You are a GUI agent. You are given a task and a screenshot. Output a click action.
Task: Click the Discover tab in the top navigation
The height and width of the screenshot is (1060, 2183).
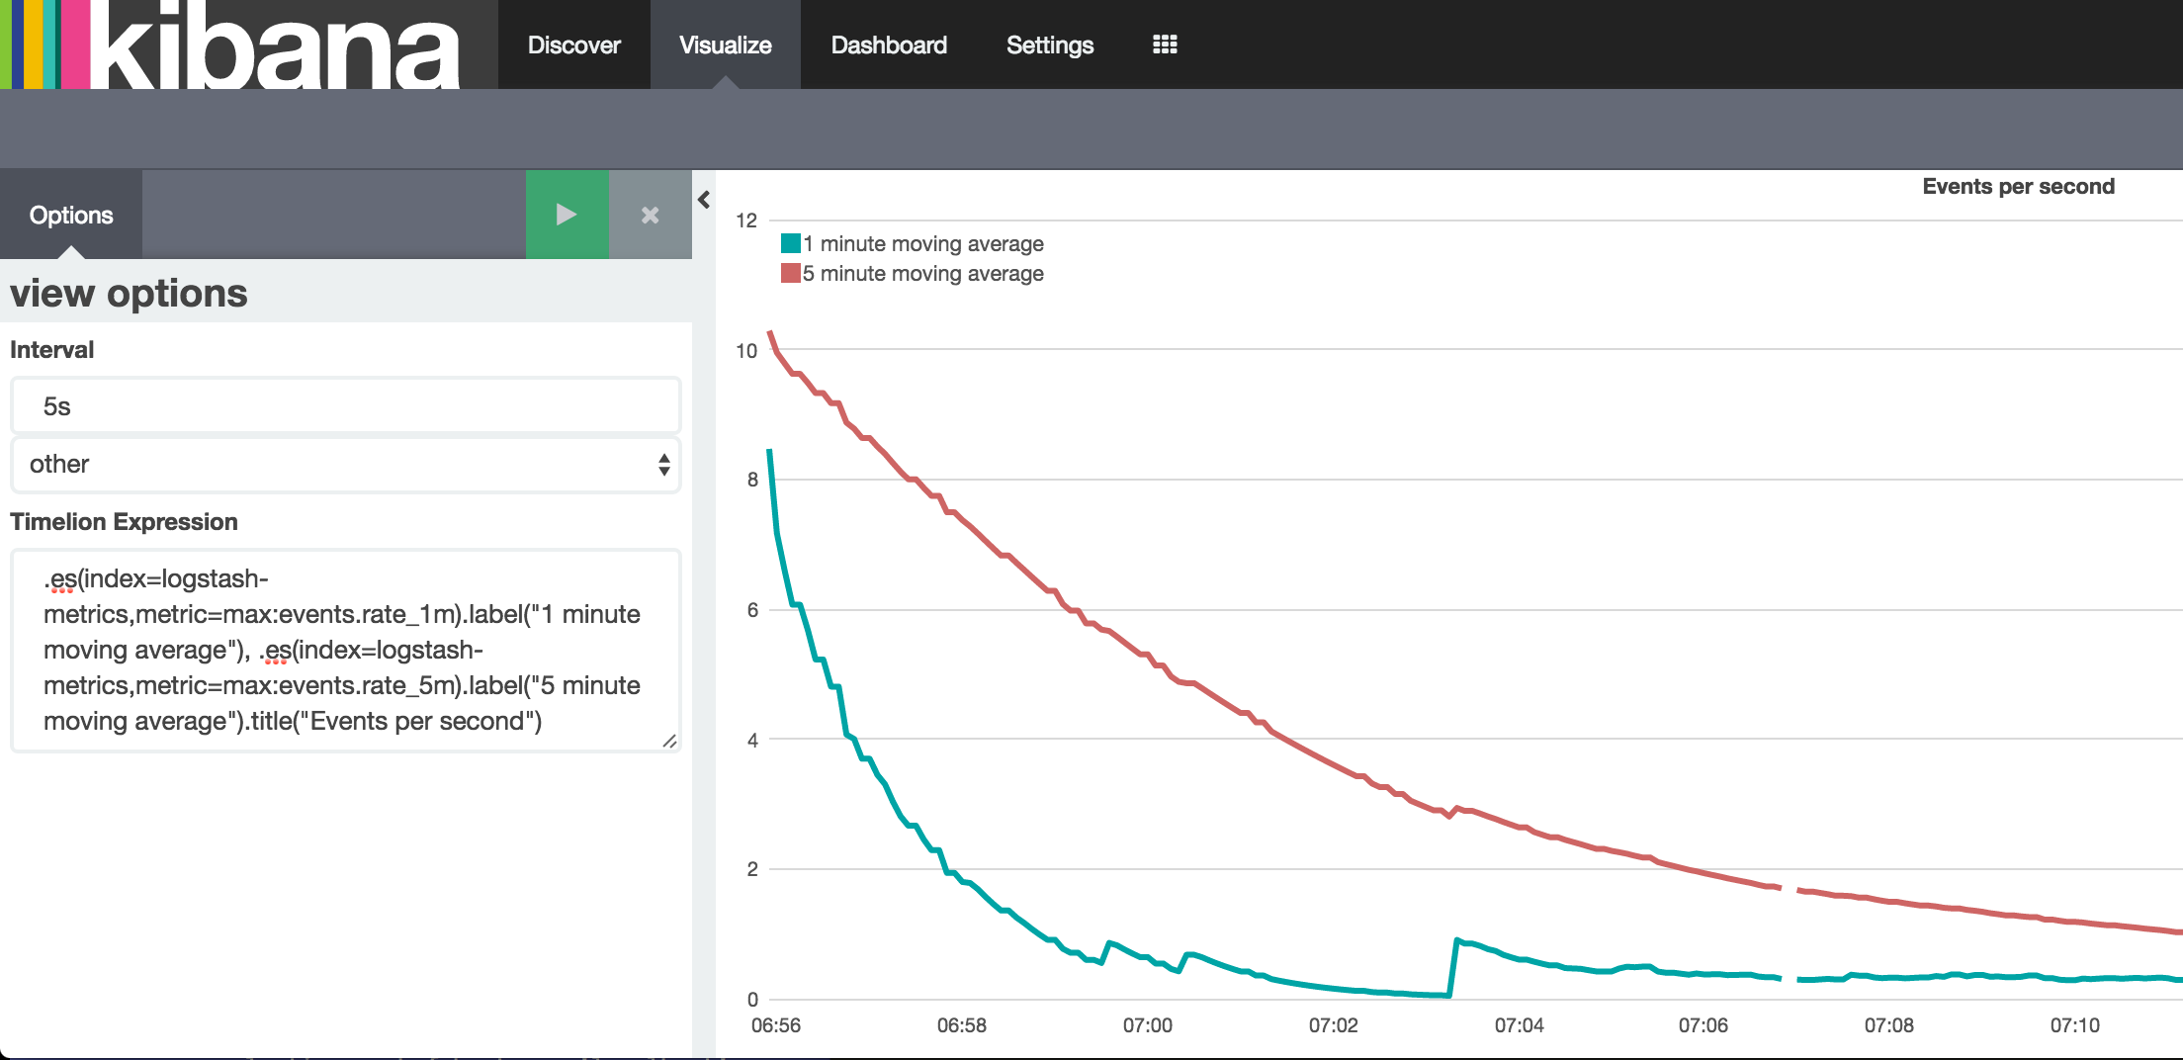[573, 45]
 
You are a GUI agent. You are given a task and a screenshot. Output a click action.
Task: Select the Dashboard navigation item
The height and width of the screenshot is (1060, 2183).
[888, 45]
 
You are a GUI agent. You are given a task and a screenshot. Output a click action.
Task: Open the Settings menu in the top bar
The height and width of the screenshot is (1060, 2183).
[1049, 45]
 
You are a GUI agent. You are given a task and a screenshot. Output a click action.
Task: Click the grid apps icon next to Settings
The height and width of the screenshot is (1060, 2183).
[1165, 44]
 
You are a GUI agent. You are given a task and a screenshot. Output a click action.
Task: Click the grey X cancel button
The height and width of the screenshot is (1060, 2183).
[650, 215]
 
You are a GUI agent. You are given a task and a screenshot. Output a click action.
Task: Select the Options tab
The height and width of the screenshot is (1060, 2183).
[71, 215]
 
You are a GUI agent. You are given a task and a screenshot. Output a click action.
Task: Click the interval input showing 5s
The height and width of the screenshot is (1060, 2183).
[345, 406]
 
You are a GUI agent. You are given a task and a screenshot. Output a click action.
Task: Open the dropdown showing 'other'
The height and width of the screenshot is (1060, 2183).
[345, 464]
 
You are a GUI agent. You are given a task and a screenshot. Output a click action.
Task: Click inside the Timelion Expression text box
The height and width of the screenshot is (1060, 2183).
[345, 650]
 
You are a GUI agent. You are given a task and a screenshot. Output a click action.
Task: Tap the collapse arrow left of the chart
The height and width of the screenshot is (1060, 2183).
[704, 200]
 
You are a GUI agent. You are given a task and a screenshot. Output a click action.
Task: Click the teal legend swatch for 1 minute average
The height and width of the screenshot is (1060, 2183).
[790, 243]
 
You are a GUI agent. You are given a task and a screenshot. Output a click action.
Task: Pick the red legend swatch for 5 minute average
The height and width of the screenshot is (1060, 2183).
[790, 273]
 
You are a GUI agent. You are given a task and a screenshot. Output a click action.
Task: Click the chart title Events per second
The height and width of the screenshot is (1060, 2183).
[2017, 187]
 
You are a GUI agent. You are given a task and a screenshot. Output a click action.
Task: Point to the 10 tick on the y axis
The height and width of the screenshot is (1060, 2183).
[746, 350]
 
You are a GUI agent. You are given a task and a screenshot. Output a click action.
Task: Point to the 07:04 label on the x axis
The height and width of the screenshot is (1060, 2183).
[1519, 1025]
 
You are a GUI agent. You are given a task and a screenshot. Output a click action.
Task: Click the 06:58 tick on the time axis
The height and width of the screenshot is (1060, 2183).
[961, 1025]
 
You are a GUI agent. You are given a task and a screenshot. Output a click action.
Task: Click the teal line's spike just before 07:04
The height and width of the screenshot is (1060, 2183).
[1457, 940]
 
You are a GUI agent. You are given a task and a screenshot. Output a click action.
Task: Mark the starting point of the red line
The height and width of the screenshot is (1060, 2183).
[770, 333]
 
